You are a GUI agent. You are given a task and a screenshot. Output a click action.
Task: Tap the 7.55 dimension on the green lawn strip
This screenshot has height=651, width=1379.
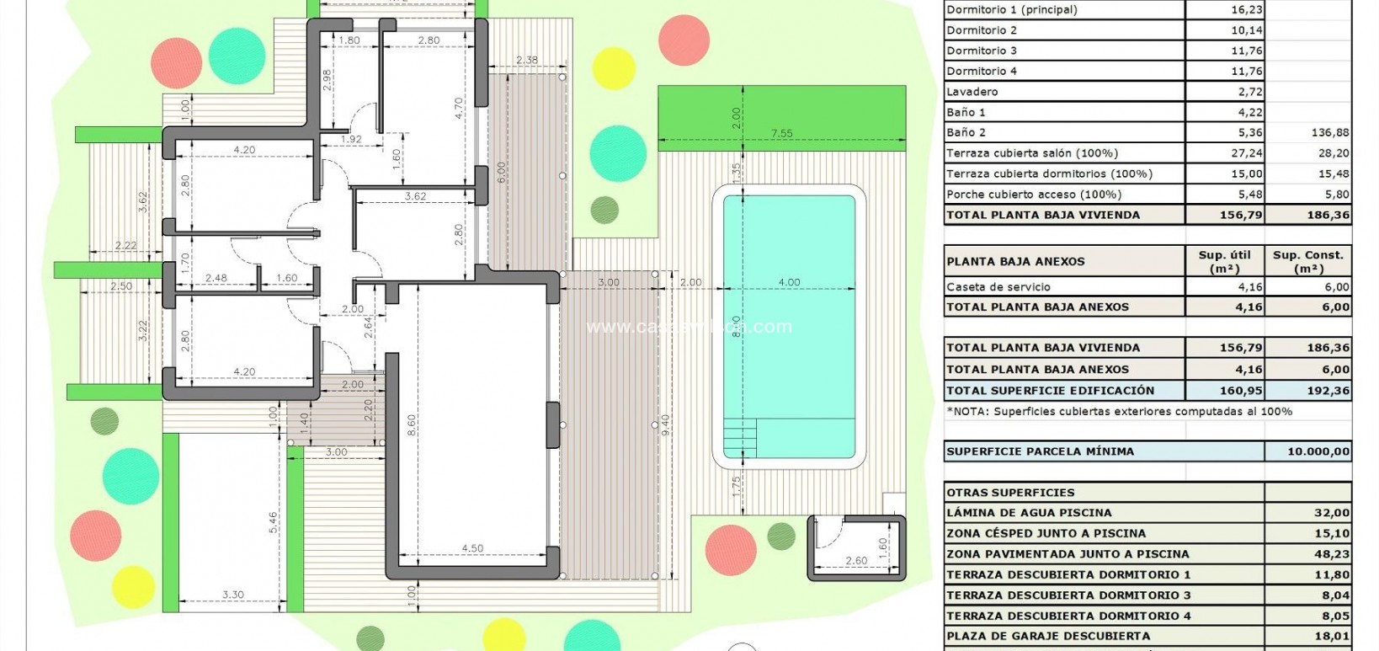(782, 133)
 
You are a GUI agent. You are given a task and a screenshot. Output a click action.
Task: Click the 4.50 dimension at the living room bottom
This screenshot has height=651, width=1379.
(472, 548)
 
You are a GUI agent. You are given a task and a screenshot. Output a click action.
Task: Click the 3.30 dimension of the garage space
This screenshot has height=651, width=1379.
(233, 595)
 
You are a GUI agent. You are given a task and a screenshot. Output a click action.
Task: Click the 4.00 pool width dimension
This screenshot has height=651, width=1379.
(788, 282)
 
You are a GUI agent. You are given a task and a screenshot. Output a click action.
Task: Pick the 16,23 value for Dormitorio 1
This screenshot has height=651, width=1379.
(1246, 10)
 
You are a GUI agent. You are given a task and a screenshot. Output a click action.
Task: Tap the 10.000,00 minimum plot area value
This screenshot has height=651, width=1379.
(1318, 451)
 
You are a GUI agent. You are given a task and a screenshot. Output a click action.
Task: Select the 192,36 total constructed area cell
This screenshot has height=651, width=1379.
(1330, 391)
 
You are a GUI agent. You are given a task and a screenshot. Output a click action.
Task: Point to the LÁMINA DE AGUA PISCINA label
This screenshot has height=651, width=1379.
(1029, 513)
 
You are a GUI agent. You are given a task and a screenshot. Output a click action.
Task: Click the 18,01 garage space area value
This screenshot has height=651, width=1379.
(1332, 636)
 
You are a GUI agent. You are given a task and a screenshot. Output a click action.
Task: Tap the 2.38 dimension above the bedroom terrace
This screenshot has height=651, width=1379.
(527, 60)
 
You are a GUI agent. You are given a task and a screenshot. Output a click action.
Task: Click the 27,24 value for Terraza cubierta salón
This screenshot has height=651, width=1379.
(1246, 153)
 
